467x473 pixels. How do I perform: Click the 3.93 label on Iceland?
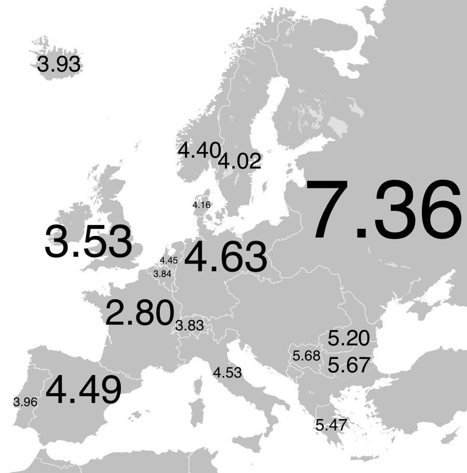coord(59,65)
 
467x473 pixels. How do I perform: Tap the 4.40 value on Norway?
coord(199,150)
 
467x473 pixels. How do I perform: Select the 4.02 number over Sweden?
coord(239,161)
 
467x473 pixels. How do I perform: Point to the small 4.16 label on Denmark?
coord(201,205)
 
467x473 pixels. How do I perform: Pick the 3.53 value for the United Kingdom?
coord(88,242)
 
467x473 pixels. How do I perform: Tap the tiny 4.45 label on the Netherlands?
coord(169,260)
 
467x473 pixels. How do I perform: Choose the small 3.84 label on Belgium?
coord(162,273)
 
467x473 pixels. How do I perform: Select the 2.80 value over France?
coord(139,313)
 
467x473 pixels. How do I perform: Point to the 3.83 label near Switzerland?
coord(189,326)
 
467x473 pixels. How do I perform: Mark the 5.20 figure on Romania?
coord(349,339)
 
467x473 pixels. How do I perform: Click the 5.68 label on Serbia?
coord(306,356)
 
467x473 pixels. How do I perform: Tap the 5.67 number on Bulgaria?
coord(349,365)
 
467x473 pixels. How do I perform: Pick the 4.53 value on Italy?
coord(227,372)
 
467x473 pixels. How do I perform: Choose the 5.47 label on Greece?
coord(331,425)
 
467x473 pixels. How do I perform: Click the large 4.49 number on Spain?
coord(84,390)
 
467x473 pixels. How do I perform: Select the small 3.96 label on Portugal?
coord(25,402)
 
